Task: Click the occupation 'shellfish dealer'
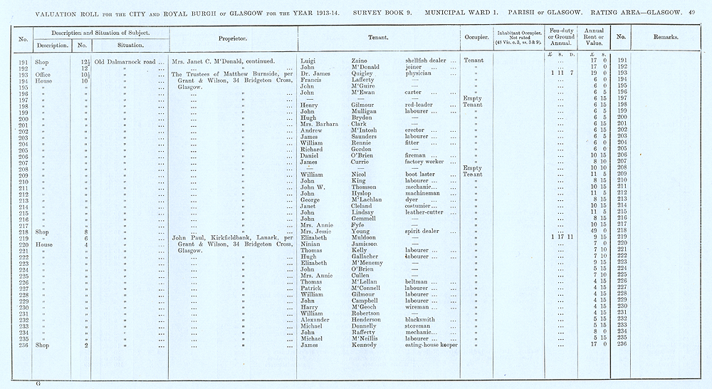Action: (x=427, y=61)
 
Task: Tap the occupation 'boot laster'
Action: (x=423, y=175)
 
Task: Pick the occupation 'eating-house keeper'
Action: (x=431, y=345)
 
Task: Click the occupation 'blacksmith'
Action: (x=423, y=320)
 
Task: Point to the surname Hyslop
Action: (x=363, y=194)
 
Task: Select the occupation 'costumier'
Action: (x=423, y=206)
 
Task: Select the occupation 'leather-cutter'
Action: (x=429, y=212)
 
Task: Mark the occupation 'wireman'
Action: (x=419, y=307)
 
